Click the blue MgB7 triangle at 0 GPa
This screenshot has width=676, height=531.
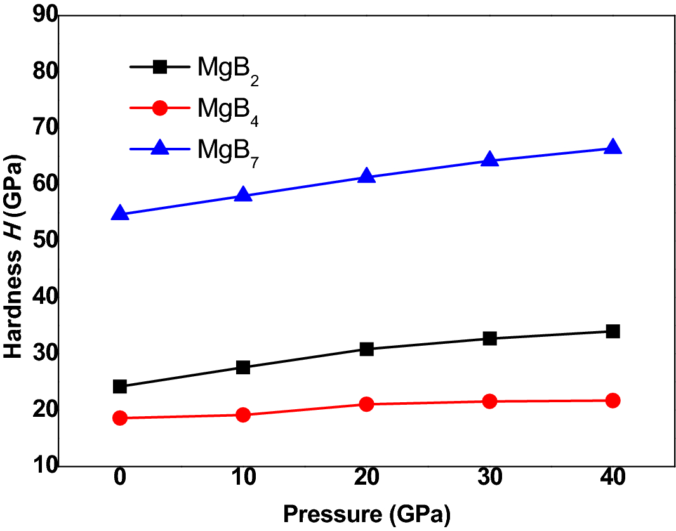(120, 214)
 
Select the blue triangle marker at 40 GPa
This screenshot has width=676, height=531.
(613, 148)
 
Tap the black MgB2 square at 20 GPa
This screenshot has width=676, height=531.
(366, 349)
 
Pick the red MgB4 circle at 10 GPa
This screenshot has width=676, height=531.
(243, 415)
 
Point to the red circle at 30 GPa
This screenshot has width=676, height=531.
(489, 401)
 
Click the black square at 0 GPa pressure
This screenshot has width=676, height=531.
(120, 386)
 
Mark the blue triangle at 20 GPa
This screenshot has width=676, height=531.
(366, 176)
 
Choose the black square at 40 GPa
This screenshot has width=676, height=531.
(613, 331)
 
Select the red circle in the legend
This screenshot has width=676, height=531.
(160, 108)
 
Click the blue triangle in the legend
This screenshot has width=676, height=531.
(160, 148)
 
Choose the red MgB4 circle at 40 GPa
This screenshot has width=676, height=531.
(613, 400)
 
